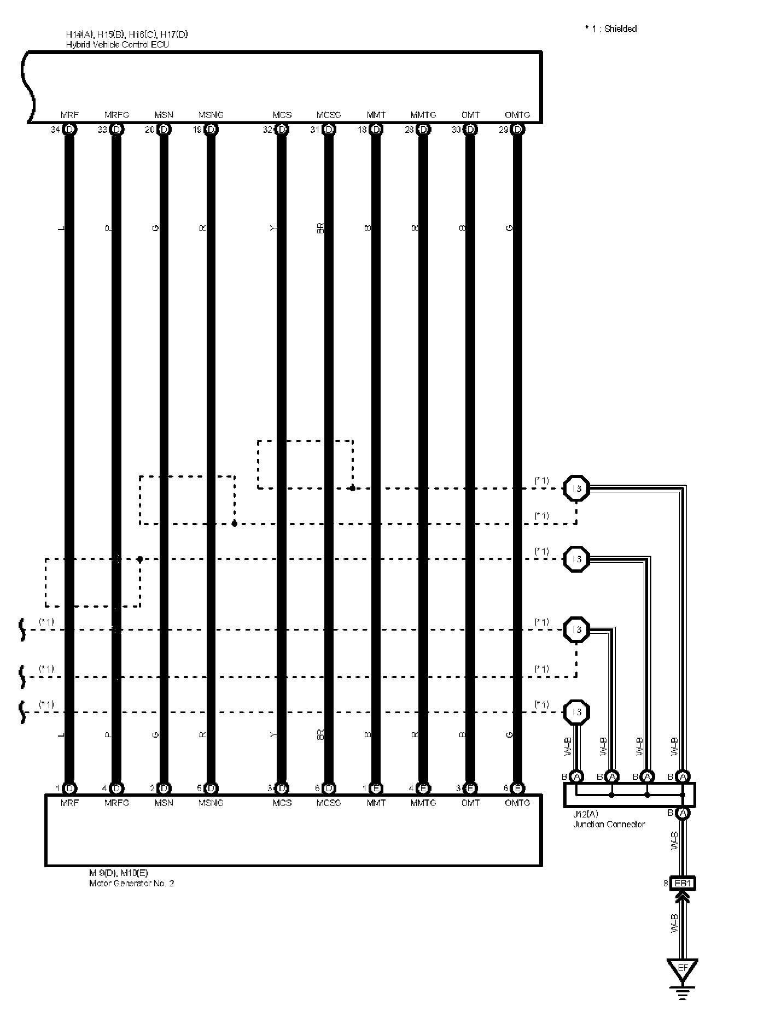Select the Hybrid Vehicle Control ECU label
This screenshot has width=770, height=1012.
[x=118, y=44]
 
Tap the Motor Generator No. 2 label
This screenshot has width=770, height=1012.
[x=131, y=883]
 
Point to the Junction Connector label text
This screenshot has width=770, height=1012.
[x=609, y=824]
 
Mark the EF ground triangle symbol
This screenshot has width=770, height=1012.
[x=682, y=969]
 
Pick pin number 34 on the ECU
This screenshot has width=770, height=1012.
[x=55, y=130]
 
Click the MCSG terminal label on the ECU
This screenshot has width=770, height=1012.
[x=329, y=115]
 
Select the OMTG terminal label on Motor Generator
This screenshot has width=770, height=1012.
[x=517, y=803]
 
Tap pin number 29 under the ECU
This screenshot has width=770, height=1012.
[x=503, y=130]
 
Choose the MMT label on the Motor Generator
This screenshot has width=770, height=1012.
[x=376, y=803]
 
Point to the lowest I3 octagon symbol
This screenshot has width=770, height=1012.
[x=576, y=712]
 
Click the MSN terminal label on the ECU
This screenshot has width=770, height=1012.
[x=164, y=115]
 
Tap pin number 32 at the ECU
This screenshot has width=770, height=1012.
[x=267, y=130]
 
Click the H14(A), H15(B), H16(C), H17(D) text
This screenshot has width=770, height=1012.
[x=127, y=35]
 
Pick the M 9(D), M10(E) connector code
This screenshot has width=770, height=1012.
[x=118, y=873]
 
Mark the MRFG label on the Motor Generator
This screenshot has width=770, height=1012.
[x=116, y=803]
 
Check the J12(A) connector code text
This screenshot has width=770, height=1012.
[x=585, y=814]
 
